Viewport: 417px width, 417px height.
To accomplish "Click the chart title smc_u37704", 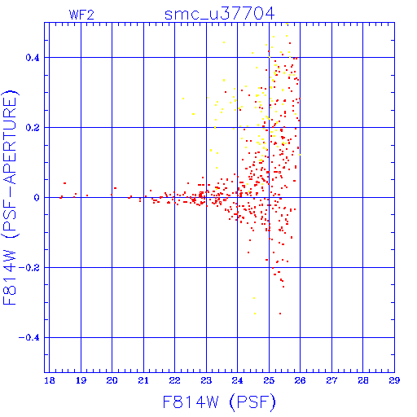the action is point(219,14).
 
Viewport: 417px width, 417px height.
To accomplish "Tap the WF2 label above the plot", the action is point(81,15).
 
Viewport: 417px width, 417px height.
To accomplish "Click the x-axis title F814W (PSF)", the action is point(219,402).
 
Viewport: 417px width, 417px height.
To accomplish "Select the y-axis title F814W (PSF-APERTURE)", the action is point(10,197).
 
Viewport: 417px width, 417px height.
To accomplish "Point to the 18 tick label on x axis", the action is point(50,380).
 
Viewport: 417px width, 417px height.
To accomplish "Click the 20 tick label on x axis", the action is point(112,380).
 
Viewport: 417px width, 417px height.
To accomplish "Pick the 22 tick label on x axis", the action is point(174,380).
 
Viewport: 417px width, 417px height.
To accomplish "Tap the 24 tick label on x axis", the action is point(237,380).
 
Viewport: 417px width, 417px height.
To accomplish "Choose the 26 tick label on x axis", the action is point(300,380).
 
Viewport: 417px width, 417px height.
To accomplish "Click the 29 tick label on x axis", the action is point(394,380).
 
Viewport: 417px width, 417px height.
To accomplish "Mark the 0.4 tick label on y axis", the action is point(33,58).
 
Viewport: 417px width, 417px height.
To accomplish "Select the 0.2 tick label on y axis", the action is point(33,128).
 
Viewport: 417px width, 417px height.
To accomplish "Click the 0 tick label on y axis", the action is point(37,198).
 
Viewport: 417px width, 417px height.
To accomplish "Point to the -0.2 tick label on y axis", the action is point(29,268).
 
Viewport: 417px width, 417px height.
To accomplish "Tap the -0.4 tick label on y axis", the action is point(29,338).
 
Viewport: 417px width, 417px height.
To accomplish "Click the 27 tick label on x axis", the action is point(331,380).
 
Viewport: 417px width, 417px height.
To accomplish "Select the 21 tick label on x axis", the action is point(143,380).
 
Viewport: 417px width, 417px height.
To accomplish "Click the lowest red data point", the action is point(280,314).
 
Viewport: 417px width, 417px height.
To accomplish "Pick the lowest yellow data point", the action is point(255,314).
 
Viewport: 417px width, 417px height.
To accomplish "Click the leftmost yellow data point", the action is point(183,99).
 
